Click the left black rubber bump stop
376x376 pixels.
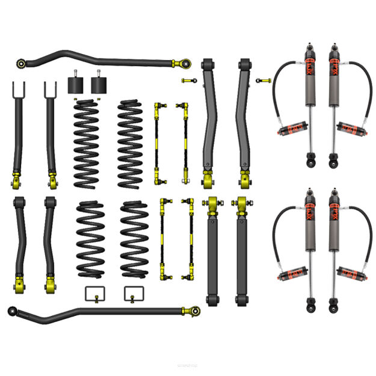point(75,84)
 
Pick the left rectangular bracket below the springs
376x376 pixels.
point(93,293)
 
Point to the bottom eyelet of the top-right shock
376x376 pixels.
point(333,162)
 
